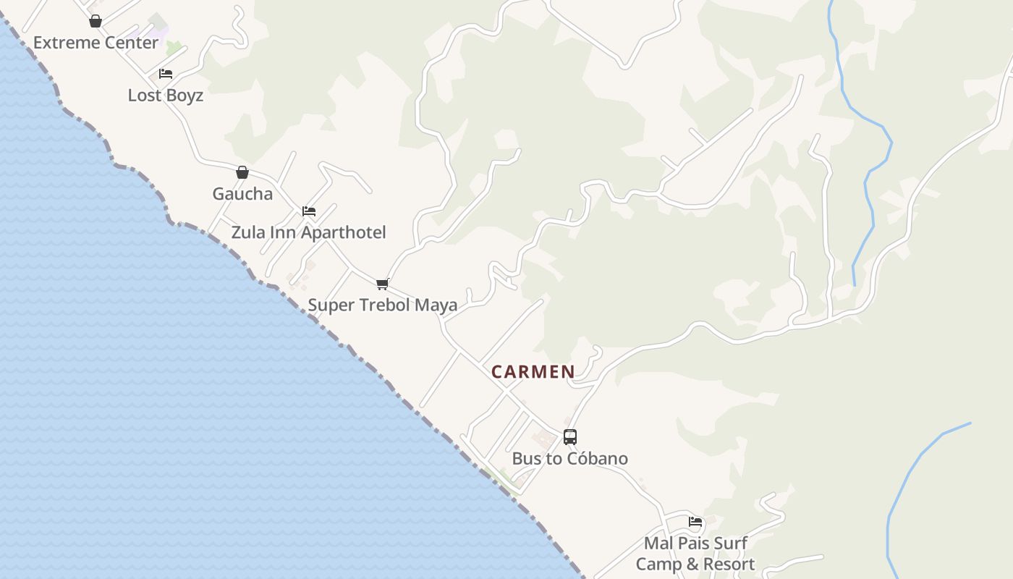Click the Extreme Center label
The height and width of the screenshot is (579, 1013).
(x=96, y=43)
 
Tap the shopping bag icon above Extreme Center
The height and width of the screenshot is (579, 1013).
(x=95, y=21)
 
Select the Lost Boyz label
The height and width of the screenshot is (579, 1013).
(x=166, y=96)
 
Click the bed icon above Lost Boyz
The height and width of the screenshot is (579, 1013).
(x=166, y=74)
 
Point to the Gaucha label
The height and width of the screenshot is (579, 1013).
(x=242, y=194)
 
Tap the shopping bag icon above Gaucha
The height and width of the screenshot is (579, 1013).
(x=242, y=172)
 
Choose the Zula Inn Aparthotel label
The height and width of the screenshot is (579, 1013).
(x=308, y=233)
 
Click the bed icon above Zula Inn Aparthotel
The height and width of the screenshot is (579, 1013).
(x=309, y=211)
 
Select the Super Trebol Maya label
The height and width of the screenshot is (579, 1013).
(x=383, y=305)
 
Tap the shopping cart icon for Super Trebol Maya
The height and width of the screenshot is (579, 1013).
(x=383, y=284)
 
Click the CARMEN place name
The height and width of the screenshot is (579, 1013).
(x=533, y=372)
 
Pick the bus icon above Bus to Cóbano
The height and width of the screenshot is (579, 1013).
(x=570, y=437)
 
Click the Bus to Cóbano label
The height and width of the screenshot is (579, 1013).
(x=570, y=459)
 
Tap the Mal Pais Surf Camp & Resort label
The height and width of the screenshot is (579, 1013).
(x=695, y=554)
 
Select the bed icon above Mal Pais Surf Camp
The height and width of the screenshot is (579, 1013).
(x=695, y=521)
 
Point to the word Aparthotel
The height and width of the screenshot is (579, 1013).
(x=343, y=233)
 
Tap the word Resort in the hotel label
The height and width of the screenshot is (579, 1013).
(x=727, y=565)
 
